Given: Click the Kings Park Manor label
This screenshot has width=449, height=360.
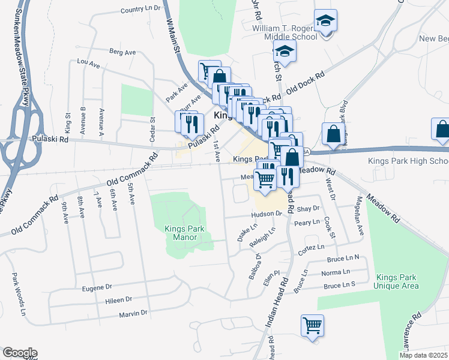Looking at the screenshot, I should pos(184,233).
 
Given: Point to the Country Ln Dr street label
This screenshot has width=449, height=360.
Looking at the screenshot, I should pos(141,9).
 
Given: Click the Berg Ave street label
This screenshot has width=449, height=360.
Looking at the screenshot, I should pos(122,52).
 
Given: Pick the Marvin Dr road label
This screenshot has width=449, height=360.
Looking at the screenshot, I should pos(133,313).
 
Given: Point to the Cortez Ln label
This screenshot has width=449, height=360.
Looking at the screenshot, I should pos(312,247).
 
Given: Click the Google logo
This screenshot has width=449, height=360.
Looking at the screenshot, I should pos(20,353).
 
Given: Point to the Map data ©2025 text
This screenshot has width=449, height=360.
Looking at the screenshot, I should pos(423,355).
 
